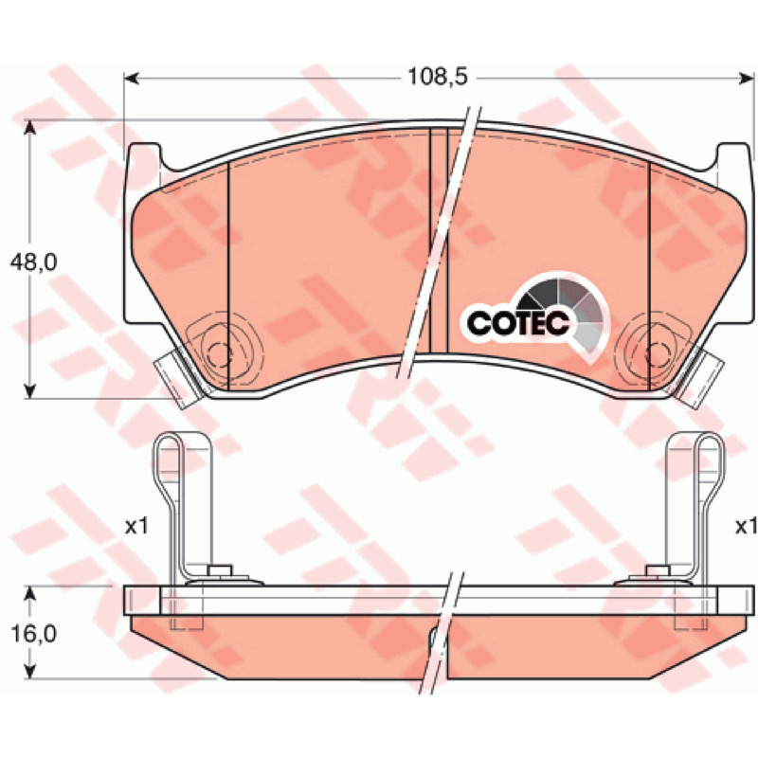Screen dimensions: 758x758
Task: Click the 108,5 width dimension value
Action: point(438,77)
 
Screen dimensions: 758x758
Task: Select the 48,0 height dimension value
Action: point(34,262)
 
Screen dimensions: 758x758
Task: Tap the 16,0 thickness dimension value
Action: point(34,634)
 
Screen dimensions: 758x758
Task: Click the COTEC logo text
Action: point(517,322)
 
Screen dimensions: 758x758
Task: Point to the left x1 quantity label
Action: point(136,527)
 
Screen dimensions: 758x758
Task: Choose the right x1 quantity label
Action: point(746,527)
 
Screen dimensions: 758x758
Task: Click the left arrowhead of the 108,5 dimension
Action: point(132,78)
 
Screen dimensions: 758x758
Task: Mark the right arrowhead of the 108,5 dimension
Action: point(747,78)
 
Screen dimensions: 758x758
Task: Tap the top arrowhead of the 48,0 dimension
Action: point(30,128)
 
